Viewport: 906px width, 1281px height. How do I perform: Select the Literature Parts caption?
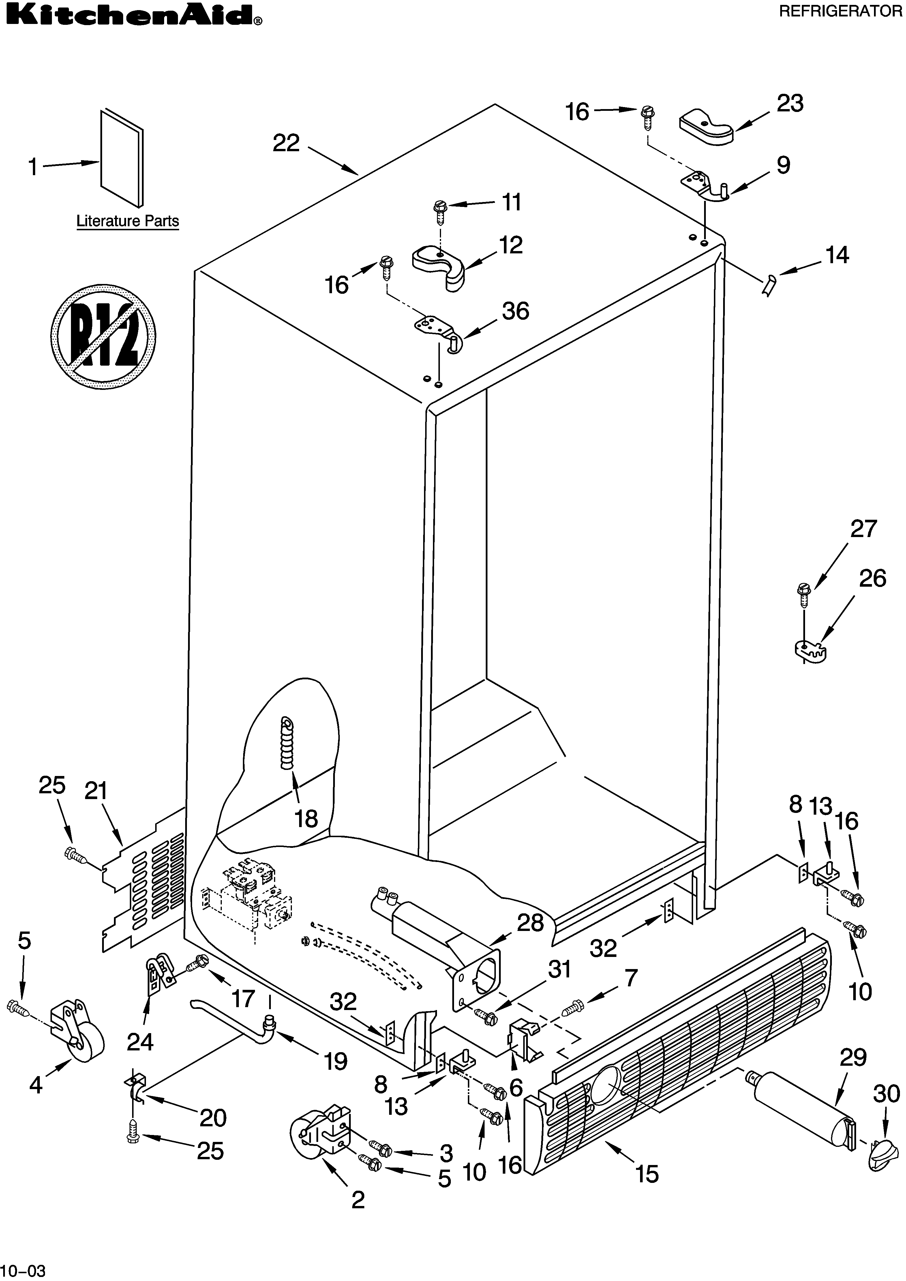click(x=128, y=221)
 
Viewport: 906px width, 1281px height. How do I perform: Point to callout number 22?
click(x=286, y=143)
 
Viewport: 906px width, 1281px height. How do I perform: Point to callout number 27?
click(x=863, y=529)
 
